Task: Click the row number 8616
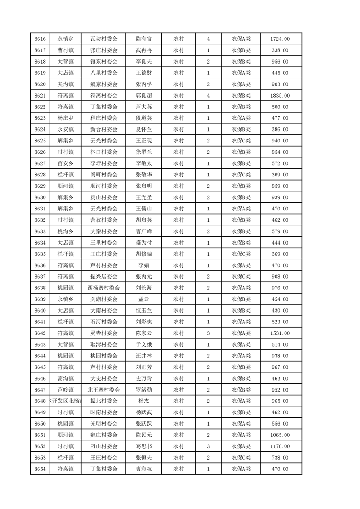pyautogui.click(x=40, y=39)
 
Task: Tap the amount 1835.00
pyautogui.click(x=280, y=96)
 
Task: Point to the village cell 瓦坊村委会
pyautogui.click(x=104, y=39)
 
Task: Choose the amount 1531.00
pyautogui.click(x=280, y=333)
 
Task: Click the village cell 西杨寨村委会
pyautogui.click(x=104, y=288)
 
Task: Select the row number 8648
pyautogui.click(x=40, y=401)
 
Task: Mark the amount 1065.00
pyautogui.click(x=280, y=435)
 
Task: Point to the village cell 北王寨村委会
pyautogui.click(x=104, y=390)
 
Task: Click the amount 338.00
pyautogui.click(x=280, y=50)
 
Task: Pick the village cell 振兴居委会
pyautogui.click(x=104, y=277)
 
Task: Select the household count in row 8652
pyautogui.click(x=208, y=446)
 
